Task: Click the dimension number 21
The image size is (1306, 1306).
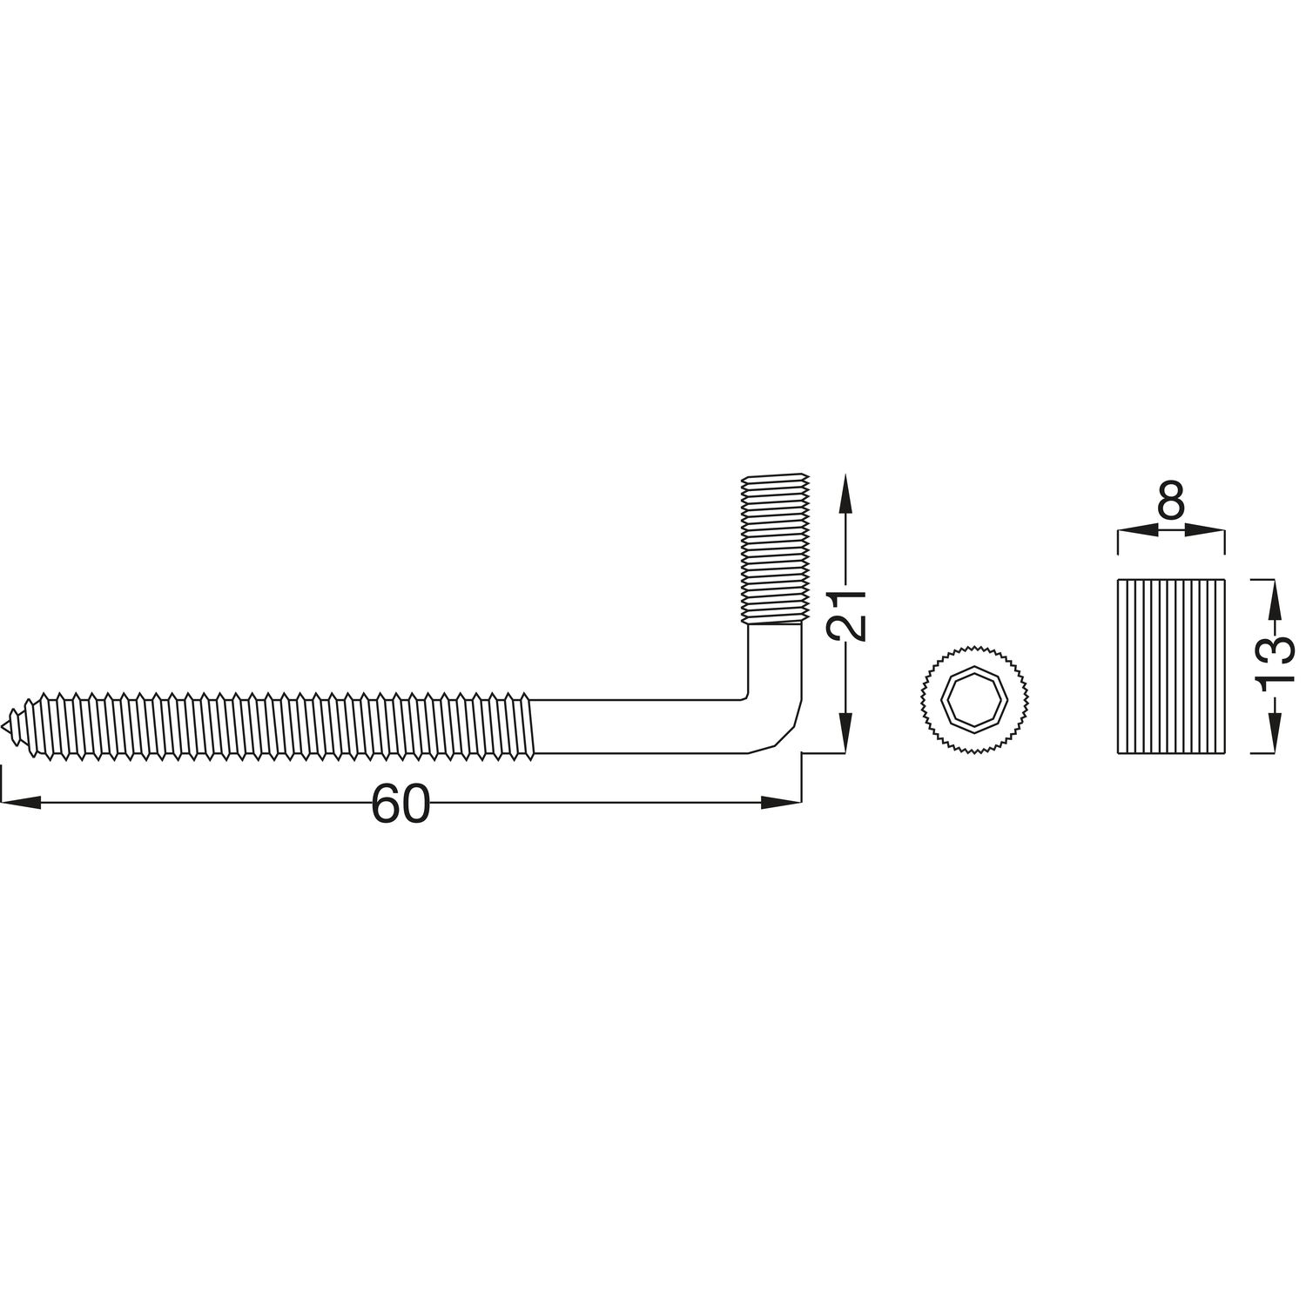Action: point(844,615)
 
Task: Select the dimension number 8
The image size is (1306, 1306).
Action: point(1171,501)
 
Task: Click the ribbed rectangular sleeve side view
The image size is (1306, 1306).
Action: point(1171,666)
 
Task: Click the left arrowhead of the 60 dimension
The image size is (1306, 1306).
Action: point(19,803)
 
